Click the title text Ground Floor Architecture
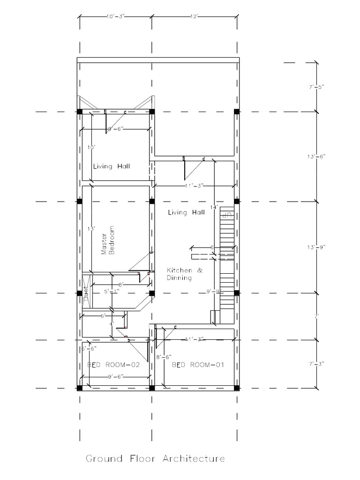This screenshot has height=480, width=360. click(155, 458)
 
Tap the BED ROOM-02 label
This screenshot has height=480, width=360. click(114, 364)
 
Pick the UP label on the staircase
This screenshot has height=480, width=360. click(227, 215)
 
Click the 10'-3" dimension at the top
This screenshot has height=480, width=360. click(115, 16)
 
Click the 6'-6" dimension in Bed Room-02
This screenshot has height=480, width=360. click(89, 349)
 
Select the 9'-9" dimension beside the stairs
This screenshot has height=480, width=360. click(213, 292)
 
